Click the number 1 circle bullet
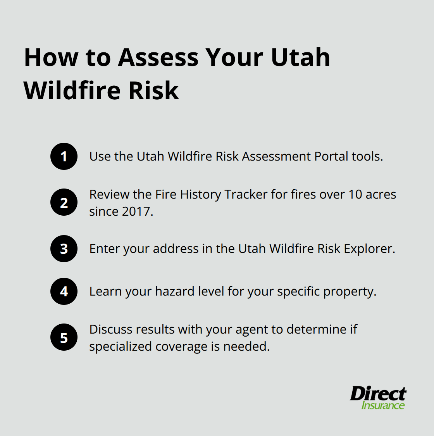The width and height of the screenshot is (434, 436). click(x=64, y=156)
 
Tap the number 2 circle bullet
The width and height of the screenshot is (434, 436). click(x=64, y=202)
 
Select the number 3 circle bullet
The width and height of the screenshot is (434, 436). click(x=64, y=249)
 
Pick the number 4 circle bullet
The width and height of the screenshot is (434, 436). click(x=64, y=291)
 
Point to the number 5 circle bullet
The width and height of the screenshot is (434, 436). click(x=64, y=337)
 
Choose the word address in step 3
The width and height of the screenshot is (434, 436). click(x=176, y=249)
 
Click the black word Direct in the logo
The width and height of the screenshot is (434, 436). click(x=378, y=394)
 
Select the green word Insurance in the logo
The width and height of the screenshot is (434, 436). click(x=383, y=405)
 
